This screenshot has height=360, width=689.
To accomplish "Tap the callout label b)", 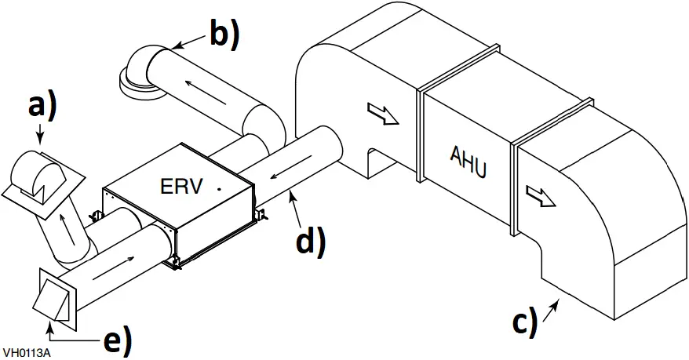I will point(223,33).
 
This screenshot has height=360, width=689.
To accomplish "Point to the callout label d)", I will point(309,240).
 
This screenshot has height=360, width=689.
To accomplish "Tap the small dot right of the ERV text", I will point(221,189).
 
